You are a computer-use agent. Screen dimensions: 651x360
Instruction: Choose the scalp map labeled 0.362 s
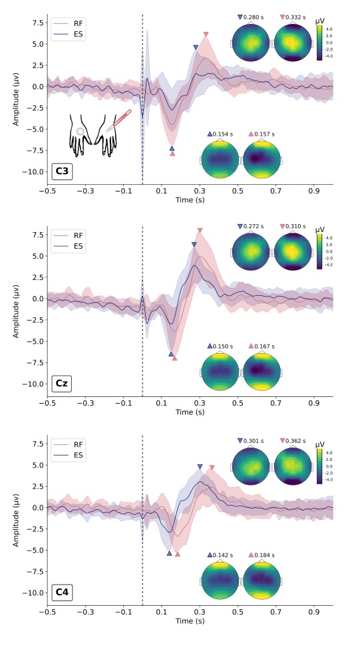[x=292, y=464]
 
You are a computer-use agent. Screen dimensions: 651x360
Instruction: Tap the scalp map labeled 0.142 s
[x=220, y=579]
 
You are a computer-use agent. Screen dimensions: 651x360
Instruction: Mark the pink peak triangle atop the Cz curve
[x=200, y=231]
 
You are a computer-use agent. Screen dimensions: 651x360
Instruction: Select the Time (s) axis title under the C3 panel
[x=190, y=199]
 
